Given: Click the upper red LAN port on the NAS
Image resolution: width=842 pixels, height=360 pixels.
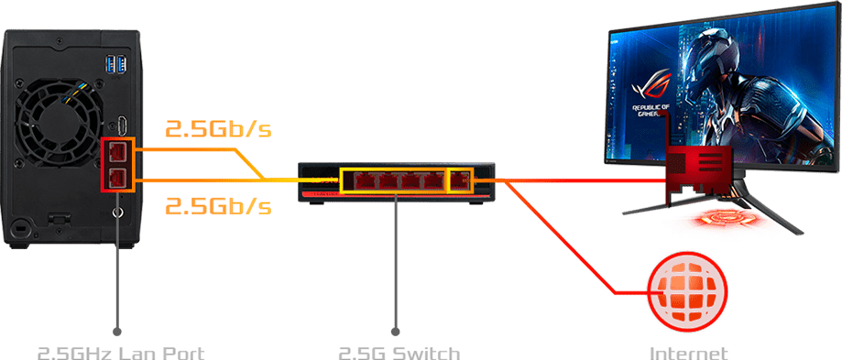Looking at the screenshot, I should pos(117,151).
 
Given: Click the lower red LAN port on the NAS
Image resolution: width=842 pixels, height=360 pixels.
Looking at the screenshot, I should pos(117,177).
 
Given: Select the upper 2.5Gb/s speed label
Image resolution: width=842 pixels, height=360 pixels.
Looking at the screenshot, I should pos(218,128).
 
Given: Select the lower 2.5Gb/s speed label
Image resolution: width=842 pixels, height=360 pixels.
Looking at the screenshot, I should pos(218,205).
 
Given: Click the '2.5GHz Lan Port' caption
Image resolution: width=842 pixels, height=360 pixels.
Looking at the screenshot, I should pos(120,352).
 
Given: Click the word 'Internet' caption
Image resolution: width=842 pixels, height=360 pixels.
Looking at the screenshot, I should pos(688,352).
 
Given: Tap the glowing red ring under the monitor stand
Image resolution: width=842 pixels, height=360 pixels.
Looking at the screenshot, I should pos(723,221).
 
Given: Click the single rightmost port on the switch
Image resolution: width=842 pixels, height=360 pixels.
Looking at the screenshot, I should pos(460,180).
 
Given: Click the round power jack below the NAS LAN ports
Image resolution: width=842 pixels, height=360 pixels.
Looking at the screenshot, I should pos(117,213).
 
